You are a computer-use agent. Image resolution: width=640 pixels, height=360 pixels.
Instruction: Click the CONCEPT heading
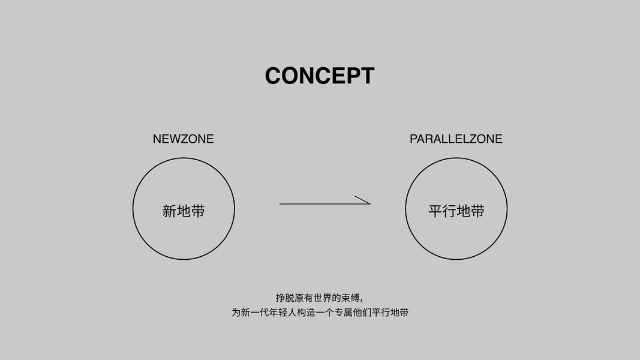[x=320, y=76]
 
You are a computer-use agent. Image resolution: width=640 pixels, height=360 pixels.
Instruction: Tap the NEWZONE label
[x=183, y=139]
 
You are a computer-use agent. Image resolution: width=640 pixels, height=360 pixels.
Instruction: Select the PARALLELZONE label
[x=456, y=139]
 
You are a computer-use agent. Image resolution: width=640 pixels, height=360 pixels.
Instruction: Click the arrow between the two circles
[x=324, y=203]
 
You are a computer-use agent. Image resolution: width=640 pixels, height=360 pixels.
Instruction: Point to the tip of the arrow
[x=369, y=203]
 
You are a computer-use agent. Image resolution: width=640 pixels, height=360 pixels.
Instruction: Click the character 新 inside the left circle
[x=169, y=211]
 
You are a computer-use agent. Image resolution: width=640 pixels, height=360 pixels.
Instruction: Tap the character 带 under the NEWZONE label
[x=198, y=211]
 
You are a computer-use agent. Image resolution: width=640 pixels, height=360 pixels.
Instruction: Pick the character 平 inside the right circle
[x=435, y=211]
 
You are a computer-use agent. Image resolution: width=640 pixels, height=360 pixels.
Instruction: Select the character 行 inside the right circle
[x=449, y=211]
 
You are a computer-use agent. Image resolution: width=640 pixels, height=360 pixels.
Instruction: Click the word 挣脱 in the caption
[x=283, y=298]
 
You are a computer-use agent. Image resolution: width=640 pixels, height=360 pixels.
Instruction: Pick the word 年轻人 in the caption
[x=287, y=313]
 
